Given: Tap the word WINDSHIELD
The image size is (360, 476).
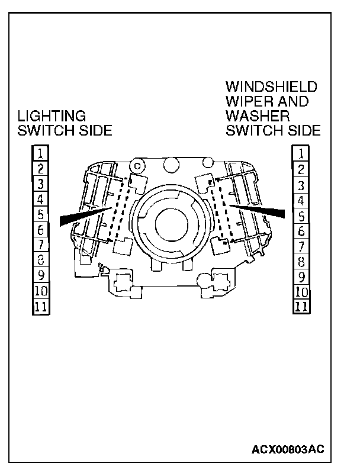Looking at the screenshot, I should pyautogui.click(x=271, y=87).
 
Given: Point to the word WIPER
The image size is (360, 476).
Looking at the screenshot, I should pyautogui.click(x=244, y=101).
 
